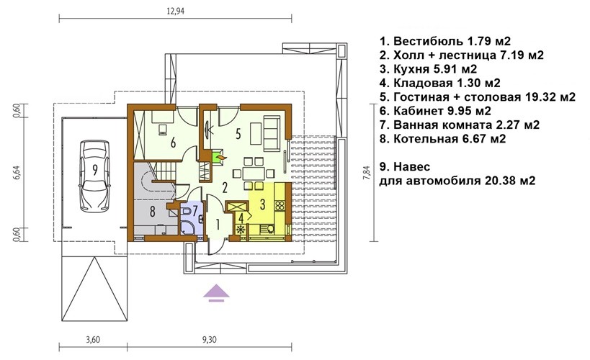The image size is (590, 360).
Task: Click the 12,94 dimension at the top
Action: click(x=175, y=11)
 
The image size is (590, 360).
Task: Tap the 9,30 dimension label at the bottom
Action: click(x=209, y=340)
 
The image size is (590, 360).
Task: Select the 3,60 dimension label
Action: click(x=93, y=340)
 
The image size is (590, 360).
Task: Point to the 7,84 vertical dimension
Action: click(x=367, y=173)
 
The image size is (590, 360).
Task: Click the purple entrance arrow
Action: click(x=216, y=294)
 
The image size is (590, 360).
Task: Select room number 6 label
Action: click(x=173, y=143)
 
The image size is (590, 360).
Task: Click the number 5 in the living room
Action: click(x=238, y=134)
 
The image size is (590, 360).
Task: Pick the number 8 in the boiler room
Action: click(x=153, y=212)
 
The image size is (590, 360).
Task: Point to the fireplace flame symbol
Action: click(x=219, y=156)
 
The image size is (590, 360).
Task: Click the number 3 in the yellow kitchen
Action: click(x=262, y=204)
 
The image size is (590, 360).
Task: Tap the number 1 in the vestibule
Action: click(x=218, y=225)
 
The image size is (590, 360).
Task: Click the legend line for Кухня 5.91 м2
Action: click(x=428, y=69)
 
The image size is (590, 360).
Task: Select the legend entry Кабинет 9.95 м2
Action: click(x=435, y=111)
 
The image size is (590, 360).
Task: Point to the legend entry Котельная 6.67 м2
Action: click(x=443, y=138)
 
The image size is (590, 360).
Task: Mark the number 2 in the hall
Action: click(x=225, y=187)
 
